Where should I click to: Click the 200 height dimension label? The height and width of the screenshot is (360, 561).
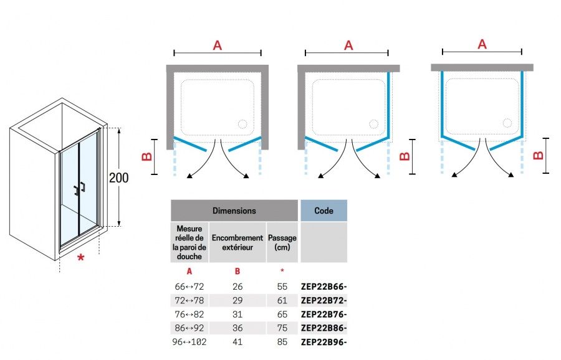119,178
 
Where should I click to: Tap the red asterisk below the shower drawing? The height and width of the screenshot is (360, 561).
81,258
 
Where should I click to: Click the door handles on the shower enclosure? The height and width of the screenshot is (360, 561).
79,189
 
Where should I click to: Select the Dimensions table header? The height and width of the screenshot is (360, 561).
234,211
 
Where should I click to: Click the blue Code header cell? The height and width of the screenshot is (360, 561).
324,211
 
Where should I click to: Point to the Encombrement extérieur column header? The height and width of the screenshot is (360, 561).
237,242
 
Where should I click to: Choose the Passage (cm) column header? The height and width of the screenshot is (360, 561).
282,242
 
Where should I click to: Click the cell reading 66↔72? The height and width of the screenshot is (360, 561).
189,287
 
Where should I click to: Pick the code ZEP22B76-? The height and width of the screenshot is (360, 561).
324,315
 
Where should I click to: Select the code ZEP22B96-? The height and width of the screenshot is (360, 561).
324,342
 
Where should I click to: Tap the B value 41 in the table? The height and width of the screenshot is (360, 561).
237,342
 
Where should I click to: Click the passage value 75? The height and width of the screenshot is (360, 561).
282,328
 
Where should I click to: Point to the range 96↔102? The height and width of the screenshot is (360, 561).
189,342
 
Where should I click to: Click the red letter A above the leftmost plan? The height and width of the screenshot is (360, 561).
218,45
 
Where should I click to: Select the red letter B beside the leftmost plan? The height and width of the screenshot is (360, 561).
147,156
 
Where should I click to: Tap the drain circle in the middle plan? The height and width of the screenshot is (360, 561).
373,124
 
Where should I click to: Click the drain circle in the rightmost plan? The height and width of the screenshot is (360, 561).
507,123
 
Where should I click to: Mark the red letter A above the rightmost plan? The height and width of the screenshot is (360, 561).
482,44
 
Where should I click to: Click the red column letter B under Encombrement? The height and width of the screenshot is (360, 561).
237,272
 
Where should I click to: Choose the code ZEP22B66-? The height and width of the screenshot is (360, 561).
324,287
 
